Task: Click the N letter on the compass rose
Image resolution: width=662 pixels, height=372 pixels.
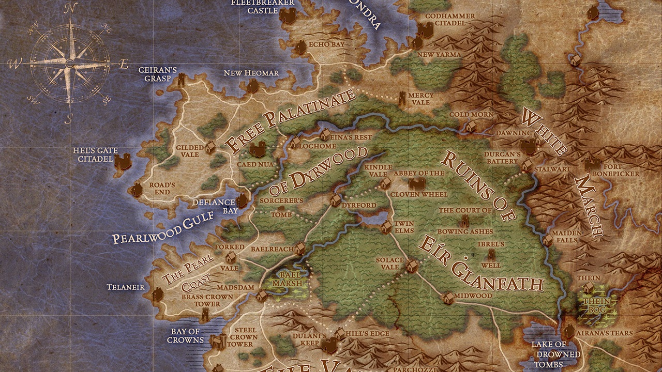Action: coord(71,8)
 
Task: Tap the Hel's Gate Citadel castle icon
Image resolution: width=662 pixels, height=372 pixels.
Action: coord(123,163)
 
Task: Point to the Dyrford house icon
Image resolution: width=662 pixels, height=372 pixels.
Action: coord(335,200)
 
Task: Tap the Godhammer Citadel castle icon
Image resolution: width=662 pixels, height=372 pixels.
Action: coord(425,30)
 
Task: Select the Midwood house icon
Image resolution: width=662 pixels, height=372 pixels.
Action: coord(448,297)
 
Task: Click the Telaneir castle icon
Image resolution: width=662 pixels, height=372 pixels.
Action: coord(157,294)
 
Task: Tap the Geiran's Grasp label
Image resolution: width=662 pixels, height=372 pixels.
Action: coord(151,75)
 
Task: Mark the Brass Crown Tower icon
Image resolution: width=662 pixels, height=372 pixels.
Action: coord(205,314)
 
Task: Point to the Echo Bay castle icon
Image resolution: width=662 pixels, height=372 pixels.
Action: coord(300,48)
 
